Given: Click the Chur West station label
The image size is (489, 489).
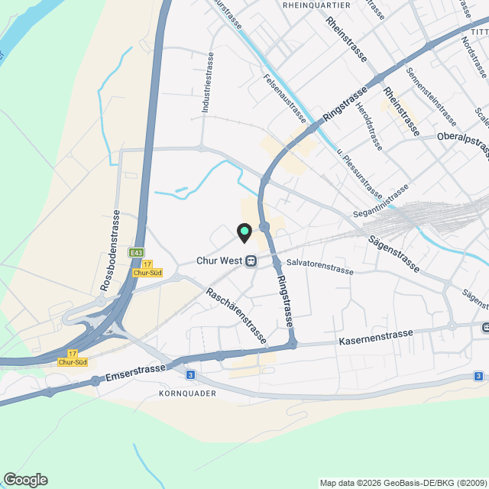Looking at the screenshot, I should tap(219, 261).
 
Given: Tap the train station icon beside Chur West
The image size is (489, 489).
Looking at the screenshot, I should tap(251, 261).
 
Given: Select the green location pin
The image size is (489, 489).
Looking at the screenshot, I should tap(244, 231).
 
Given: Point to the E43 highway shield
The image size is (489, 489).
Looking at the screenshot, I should tap(137, 253).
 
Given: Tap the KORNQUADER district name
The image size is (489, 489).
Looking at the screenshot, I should tap(188, 393).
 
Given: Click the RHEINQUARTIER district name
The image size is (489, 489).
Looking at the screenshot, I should tap(316, 5).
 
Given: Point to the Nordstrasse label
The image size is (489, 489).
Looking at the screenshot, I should tap(474, 57).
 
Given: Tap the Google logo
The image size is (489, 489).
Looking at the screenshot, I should tap(25, 479).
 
